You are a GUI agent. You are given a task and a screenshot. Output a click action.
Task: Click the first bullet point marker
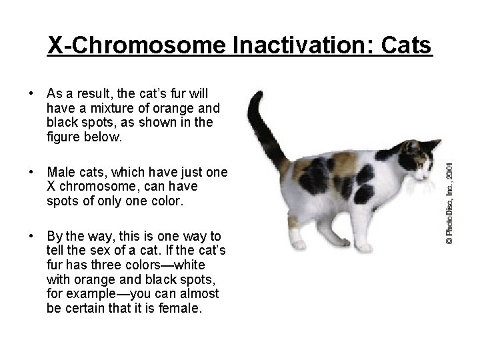click(x=31, y=93)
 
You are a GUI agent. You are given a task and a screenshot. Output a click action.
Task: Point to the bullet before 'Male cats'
click(x=31, y=173)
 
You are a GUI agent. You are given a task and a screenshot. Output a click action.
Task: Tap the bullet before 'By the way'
click(x=31, y=237)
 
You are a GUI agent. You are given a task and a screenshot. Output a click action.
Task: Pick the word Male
click(x=60, y=173)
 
